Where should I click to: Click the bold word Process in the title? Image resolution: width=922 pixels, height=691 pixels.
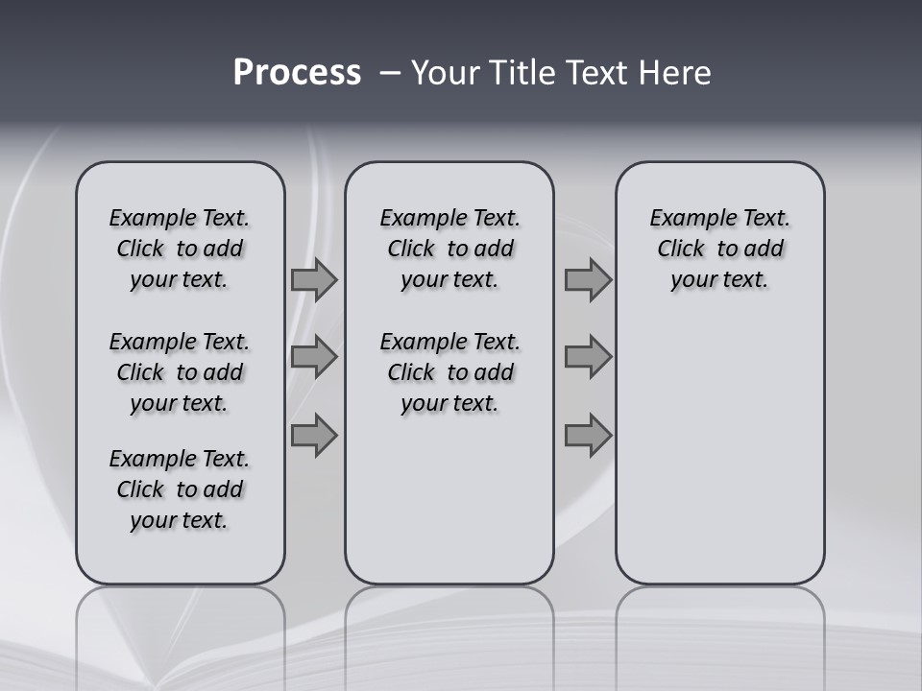click(x=297, y=73)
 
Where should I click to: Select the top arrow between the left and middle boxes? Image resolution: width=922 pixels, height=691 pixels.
click(x=314, y=280)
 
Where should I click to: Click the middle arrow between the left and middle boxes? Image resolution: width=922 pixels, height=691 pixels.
click(x=314, y=357)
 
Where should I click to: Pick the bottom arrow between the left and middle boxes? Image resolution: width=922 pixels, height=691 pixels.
click(x=314, y=436)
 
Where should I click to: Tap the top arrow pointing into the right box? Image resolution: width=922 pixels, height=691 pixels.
click(x=588, y=280)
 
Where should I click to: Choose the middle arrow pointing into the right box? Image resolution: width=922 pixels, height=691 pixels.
click(x=588, y=357)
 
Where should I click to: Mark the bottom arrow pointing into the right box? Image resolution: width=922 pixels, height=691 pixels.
click(x=588, y=436)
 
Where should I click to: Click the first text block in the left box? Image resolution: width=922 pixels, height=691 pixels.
click(x=180, y=249)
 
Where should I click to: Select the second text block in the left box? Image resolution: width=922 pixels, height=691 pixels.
click(x=180, y=372)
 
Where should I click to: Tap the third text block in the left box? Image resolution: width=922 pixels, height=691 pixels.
click(x=180, y=489)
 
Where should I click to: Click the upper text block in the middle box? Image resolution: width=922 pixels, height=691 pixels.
click(x=449, y=249)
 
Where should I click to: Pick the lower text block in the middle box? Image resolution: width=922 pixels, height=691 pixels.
click(x=449, y=372)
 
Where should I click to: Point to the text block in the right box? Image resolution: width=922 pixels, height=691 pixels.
click(x=719, y=249)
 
